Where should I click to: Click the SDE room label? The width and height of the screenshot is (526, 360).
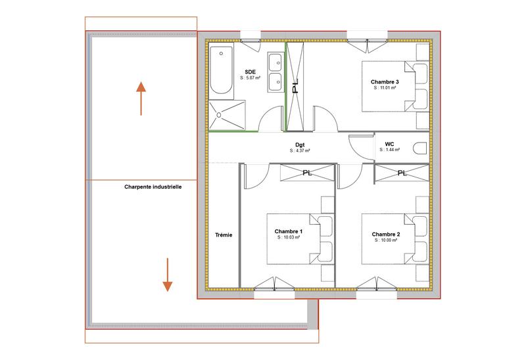[250, 71]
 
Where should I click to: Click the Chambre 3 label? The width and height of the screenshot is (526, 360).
[385, 81]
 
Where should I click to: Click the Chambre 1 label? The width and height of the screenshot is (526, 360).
[288, 232]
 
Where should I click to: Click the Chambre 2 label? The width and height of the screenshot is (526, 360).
[385, 234]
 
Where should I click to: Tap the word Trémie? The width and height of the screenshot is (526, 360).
[224, 235]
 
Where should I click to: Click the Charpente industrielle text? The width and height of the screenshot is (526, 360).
[153, 187]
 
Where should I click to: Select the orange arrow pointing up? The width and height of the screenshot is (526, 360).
[141, 98]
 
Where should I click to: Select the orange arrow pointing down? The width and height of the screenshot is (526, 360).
[167, 275]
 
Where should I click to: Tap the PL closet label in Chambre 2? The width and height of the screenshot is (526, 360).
[402, 173]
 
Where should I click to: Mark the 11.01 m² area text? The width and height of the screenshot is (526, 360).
[385, 87]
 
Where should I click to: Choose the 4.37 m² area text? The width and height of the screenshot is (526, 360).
[299, 150]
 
